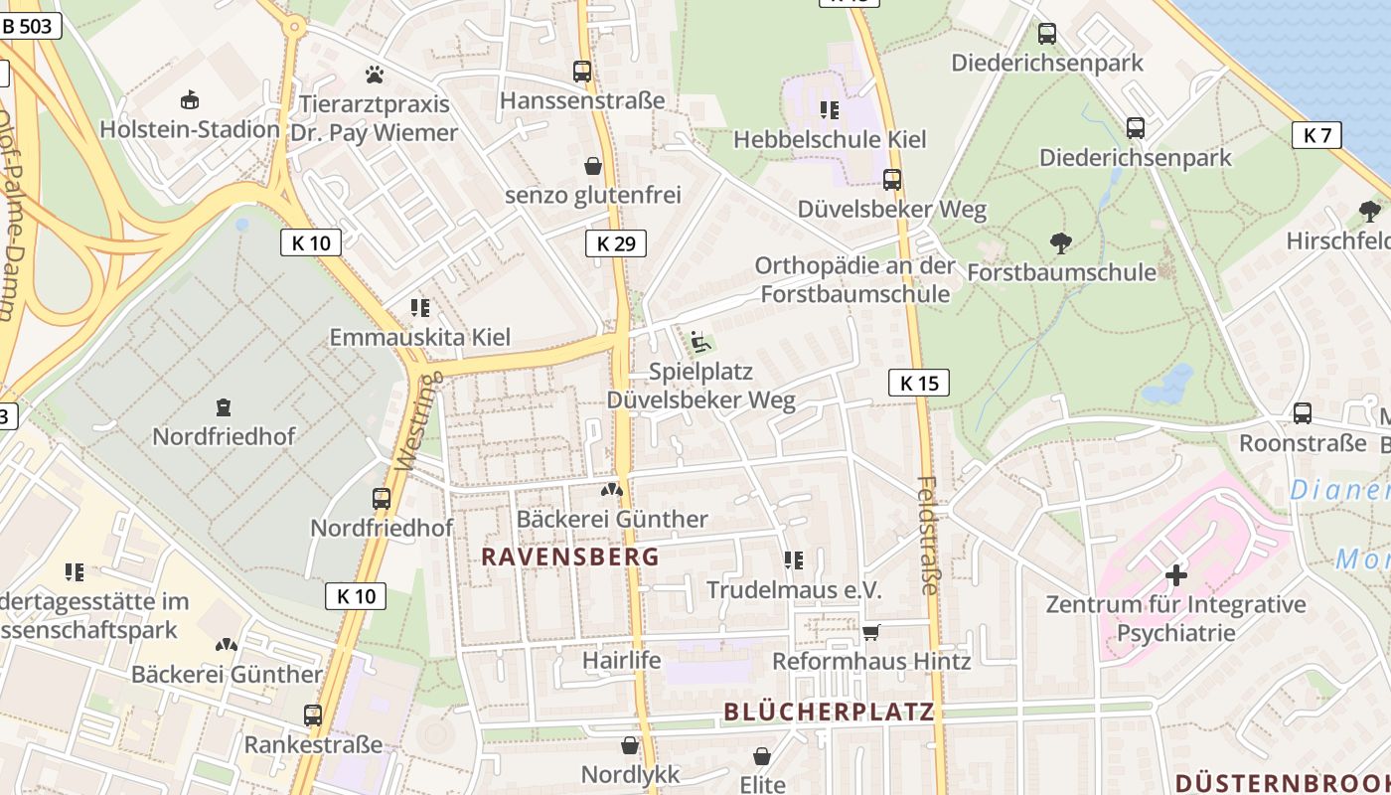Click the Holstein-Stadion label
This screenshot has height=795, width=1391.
tap(190, 129)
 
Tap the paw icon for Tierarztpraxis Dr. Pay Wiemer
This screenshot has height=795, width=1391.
tap(375, 74)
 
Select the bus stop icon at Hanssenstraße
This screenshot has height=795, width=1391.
tap(582, 71)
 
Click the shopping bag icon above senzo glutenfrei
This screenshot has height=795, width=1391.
tap(593, 165)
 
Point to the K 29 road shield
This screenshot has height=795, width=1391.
tap(615, 242)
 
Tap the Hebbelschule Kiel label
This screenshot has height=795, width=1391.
tap(830, 139)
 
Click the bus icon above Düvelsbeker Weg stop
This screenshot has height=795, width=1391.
tap(892, 180)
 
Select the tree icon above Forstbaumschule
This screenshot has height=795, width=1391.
tap(1061, 242)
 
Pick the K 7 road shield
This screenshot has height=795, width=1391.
tap(1316, 135)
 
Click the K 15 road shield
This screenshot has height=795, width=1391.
tap(919, 383)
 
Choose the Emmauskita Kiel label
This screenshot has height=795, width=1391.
tap(420, 337)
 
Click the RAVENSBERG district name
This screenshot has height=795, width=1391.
tap(570, 556)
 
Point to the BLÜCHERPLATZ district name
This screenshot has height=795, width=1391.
tap(829, 712)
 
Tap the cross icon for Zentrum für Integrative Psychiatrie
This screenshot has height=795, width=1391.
tap(1175, 575)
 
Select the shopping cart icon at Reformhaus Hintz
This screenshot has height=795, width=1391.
tap(871, 632)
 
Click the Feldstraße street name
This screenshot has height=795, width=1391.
tap(928, 537)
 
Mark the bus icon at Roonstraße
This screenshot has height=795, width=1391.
tap(1303, 413)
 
